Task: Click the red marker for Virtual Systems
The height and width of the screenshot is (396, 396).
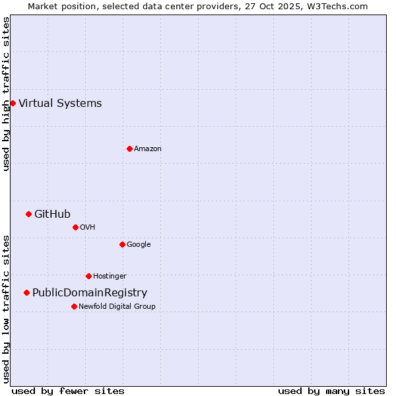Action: (x=13, y=103)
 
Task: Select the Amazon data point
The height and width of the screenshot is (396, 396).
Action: (x=129, y=148)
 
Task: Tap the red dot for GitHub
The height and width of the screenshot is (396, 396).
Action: (x=28, y=214)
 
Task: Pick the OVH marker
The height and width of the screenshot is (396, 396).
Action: (x=75, y=227)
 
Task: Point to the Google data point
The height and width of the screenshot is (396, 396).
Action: (x=122, y=244)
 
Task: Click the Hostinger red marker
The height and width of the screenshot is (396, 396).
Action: (x=88, y=276)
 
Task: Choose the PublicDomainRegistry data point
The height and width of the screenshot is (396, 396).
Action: (x=26, y=292)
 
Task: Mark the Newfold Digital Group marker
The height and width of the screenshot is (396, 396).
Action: (x=74, y=306)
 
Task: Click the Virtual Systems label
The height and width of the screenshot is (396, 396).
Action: (x=60, y=103)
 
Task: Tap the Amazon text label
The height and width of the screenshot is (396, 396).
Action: (x=148, y=148)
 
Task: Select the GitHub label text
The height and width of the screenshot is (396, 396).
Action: (x=52, y=214)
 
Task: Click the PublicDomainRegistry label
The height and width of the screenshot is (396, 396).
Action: (x=90, y=292)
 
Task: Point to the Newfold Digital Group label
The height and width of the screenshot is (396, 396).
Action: (x=117, y=306)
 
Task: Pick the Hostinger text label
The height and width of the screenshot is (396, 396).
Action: (x=110, y=276)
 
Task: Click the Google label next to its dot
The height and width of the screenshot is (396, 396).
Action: (x=139, y=244)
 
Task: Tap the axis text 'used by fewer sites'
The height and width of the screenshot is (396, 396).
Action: (x=68, y=391)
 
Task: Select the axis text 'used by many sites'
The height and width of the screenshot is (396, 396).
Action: (x=331, y=391)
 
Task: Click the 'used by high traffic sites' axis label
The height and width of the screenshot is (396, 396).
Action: (x=6, y=94)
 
